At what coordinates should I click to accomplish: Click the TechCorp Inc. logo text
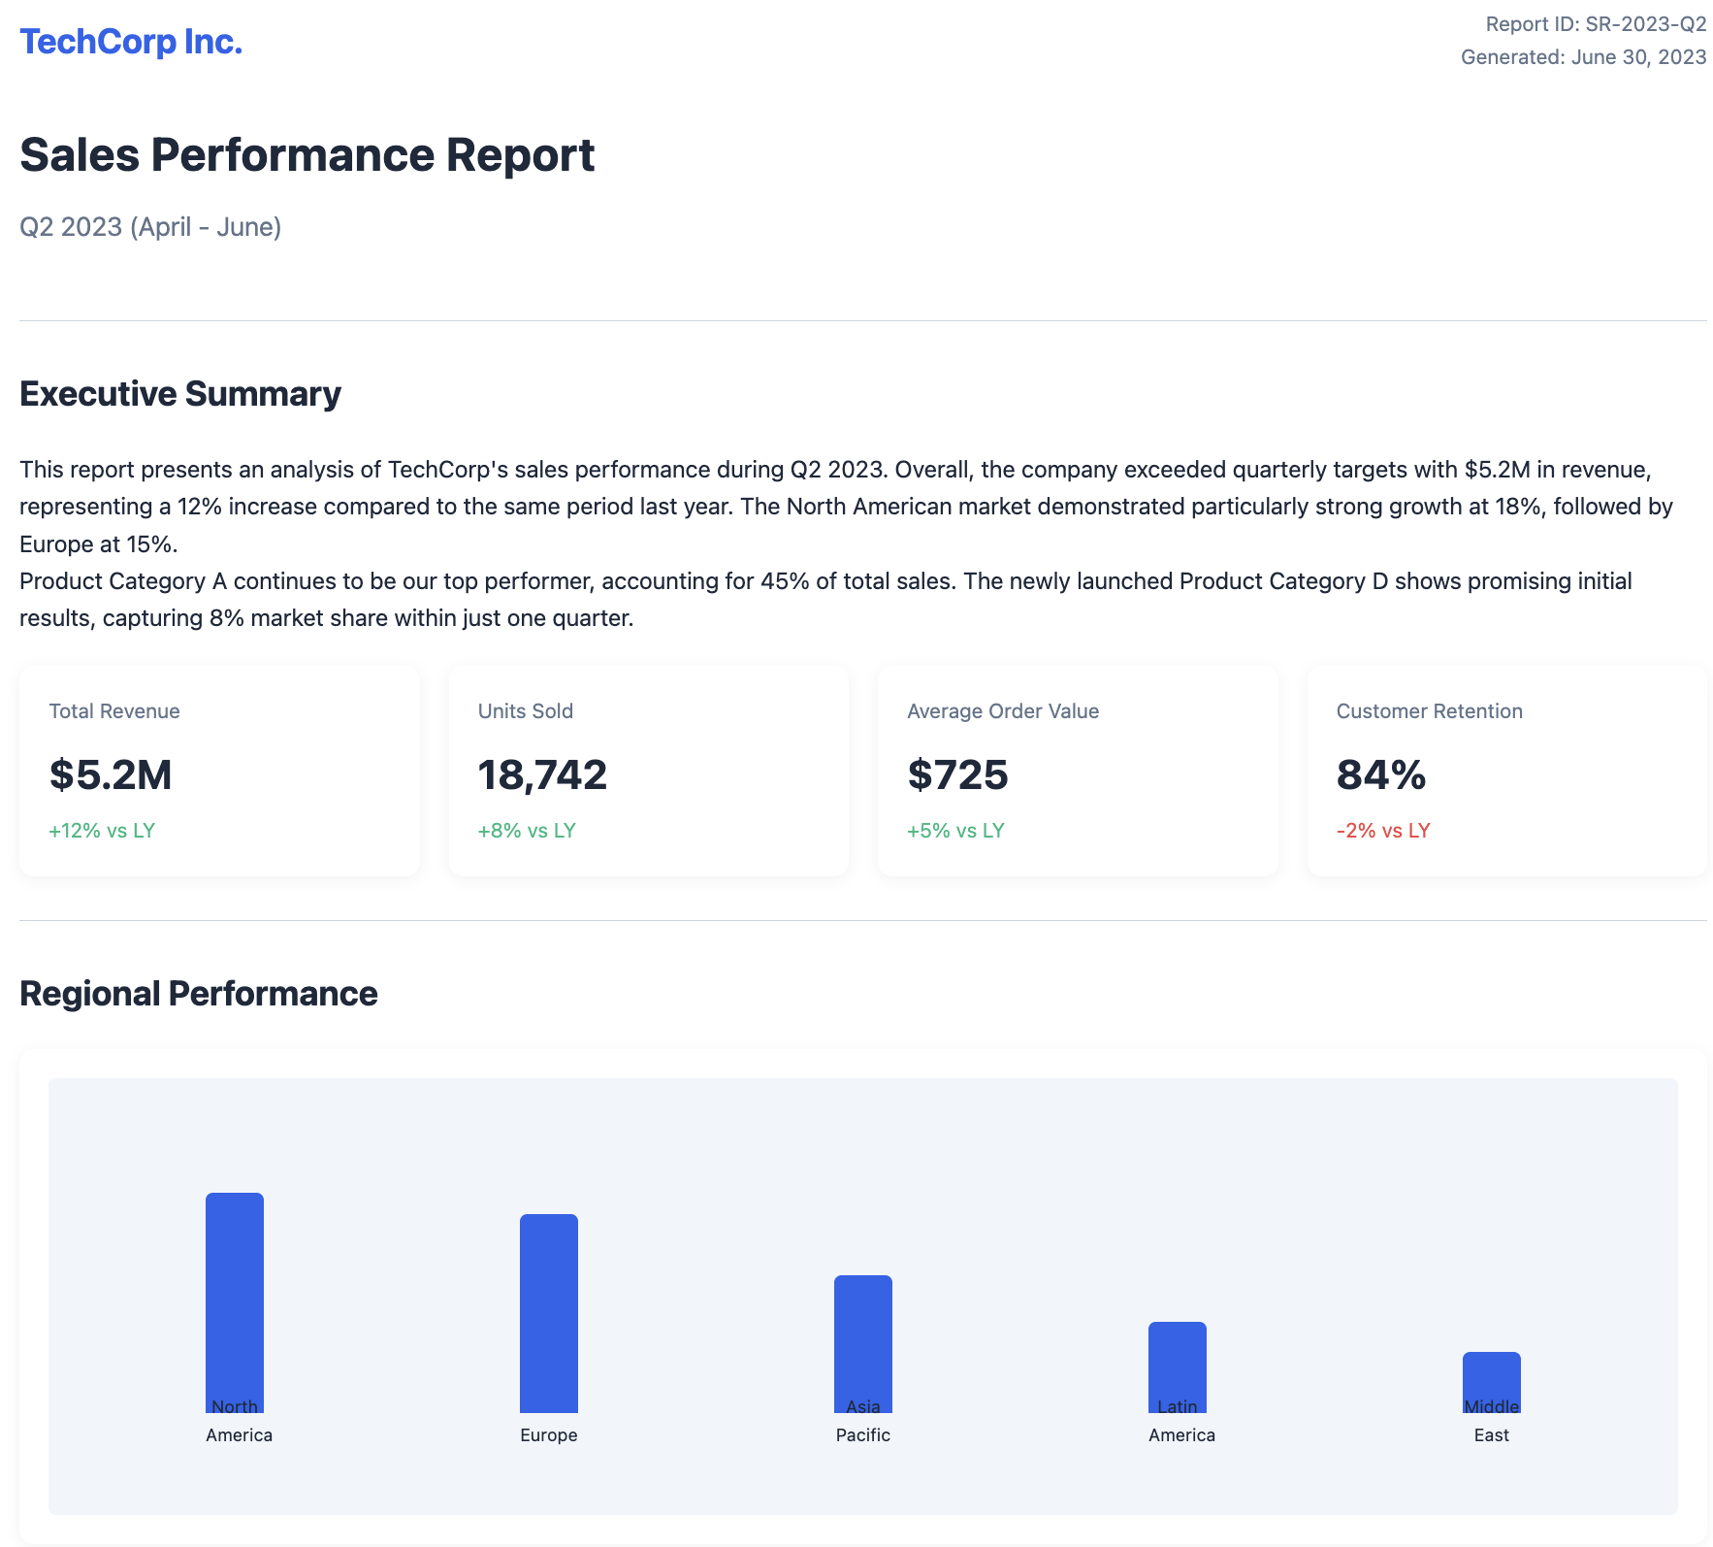[x=131, y=42]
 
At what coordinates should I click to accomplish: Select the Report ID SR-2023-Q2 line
[x=1596, y=24]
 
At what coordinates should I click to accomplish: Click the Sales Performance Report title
[x=307, y=155]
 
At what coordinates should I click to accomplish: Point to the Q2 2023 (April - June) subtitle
[x=150, y=227]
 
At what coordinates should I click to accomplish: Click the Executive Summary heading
[x=180, y=394]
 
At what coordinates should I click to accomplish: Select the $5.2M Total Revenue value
[x=111, y=774]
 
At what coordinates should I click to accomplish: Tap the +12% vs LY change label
[x=102, y=831]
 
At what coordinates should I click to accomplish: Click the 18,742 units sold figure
[x=542, y=774]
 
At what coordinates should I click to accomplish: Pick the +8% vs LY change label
[x=527, y=831]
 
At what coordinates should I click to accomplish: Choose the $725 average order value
[x=957, y=774]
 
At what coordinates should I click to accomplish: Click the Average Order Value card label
[x=1003, y=711]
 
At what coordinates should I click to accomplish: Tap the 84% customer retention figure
[x=1380, y=774]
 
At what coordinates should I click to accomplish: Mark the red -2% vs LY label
[x=1383, y=831]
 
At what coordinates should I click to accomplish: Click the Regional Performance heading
[x=199, y=994]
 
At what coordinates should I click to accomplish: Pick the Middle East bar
[x=1492, y=1376]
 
